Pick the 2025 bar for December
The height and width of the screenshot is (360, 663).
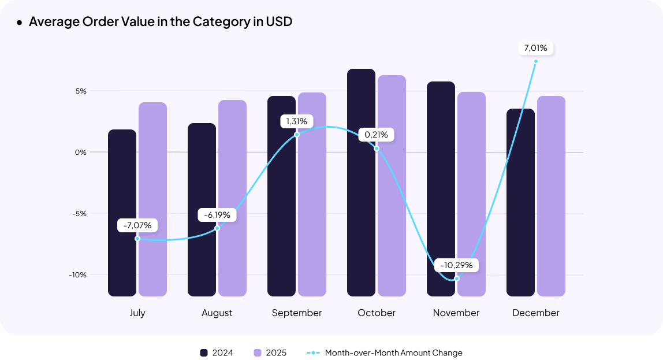point(551,196)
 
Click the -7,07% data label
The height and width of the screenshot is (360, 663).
point(137,225)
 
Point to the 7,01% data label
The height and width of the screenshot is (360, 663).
point(536,48)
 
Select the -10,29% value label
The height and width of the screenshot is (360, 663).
point(456,266)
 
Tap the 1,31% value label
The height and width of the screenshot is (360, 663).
point(297,121)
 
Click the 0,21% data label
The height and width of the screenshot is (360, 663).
point(377,135)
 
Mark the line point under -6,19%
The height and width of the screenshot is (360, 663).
point(217,228)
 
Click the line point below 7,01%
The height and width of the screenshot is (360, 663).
point(536,61)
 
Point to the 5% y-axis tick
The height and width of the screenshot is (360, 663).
point(80,91)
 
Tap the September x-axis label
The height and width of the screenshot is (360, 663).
point(297,313)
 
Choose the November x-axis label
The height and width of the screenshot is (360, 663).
point(456,313)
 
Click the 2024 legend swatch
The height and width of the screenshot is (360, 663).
point(203,352)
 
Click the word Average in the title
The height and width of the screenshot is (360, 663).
point(55,22)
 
